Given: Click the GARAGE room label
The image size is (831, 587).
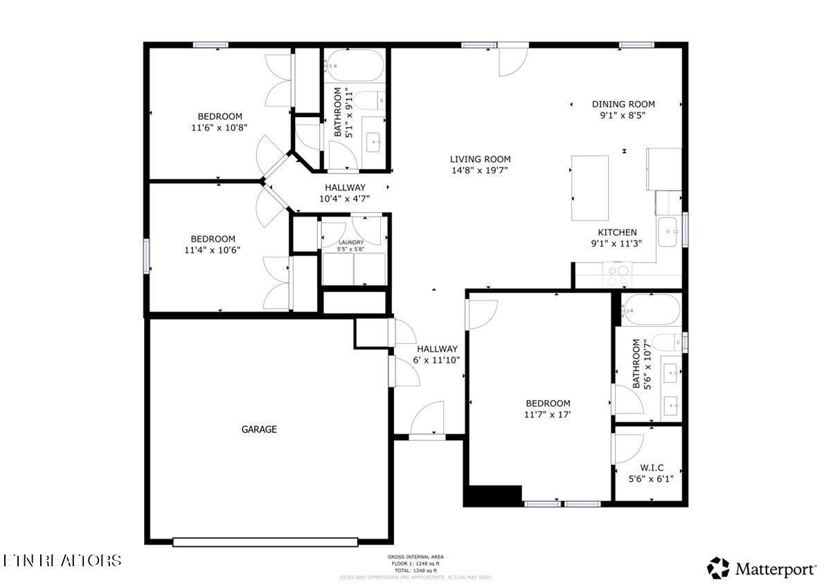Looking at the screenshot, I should (259, 429).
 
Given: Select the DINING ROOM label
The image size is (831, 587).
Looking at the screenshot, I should (623, 105).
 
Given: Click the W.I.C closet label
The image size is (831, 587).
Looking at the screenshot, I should (650, 467).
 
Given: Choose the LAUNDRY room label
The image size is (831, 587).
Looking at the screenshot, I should (350, 242).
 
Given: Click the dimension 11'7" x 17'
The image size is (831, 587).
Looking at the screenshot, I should (548, 415).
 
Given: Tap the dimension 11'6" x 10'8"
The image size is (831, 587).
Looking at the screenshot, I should (220, 127).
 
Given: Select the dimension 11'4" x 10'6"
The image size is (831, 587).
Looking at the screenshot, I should (213, 250).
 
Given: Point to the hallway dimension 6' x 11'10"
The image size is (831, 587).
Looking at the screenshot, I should (437, 360).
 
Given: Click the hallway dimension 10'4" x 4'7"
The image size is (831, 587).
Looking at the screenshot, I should (345, 198).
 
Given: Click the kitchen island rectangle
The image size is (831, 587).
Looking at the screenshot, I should (590, 188).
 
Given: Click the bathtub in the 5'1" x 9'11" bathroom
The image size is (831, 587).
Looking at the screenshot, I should (355, 65).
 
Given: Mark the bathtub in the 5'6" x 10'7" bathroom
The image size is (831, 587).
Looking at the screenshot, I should (650, 309).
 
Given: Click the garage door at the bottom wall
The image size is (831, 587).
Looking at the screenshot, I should (267, 542).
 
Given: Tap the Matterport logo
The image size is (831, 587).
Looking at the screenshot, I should (762, 569).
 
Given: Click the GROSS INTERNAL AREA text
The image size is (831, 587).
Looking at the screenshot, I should (415, 557).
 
